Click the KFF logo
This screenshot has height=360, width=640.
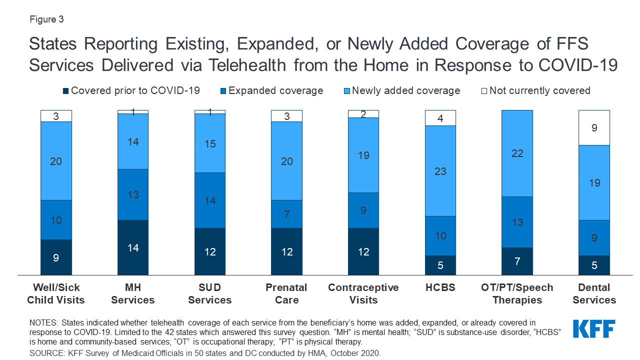593,329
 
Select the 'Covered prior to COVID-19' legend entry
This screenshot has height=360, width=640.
131,90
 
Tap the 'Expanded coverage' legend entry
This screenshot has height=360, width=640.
272,90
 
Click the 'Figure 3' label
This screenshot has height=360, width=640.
46,19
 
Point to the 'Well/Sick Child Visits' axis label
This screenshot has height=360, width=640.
56,293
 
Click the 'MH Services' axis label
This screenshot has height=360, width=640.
133,293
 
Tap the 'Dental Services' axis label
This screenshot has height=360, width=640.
594,293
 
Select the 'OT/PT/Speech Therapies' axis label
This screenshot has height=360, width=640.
517,293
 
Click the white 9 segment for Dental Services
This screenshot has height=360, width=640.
594,127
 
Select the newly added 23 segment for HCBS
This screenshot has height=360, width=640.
440,171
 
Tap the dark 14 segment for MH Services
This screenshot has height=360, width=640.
133,247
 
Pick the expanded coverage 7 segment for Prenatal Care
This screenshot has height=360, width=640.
286,214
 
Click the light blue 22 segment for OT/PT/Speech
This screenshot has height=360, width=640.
517,153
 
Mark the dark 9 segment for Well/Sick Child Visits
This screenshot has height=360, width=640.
56,257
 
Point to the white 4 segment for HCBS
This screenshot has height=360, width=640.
440,118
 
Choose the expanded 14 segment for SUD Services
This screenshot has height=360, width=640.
210,200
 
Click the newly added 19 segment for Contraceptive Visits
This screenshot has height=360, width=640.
363,155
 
